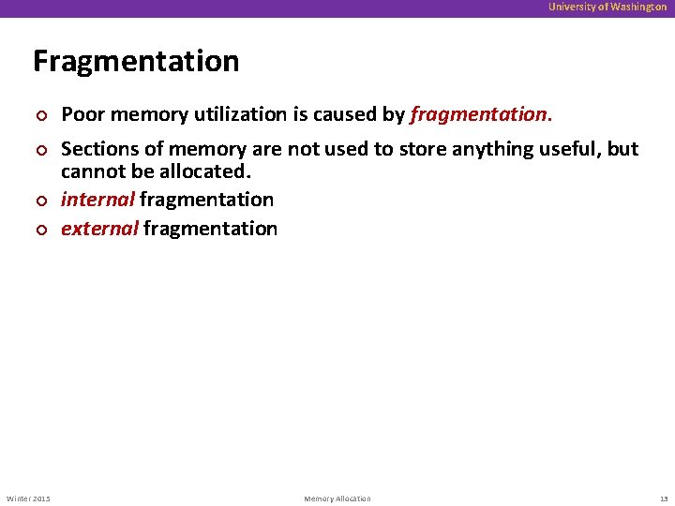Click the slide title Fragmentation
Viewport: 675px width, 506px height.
[x=136, y=61]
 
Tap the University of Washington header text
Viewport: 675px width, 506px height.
[x=607, y=7]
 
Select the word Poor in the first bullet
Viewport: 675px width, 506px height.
[x=81, y=114]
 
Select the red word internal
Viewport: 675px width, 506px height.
[x=97, y=200]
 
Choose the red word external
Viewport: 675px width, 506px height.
[x=99, y=229]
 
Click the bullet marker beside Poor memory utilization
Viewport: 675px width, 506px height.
[x=38, y=115]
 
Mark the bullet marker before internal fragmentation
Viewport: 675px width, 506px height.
[x=38, y=201]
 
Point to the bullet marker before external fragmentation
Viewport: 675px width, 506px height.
[x=38, y=230]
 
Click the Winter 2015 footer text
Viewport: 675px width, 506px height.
[x=29, y=498]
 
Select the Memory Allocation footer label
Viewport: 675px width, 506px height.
[x=337, y=498]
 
